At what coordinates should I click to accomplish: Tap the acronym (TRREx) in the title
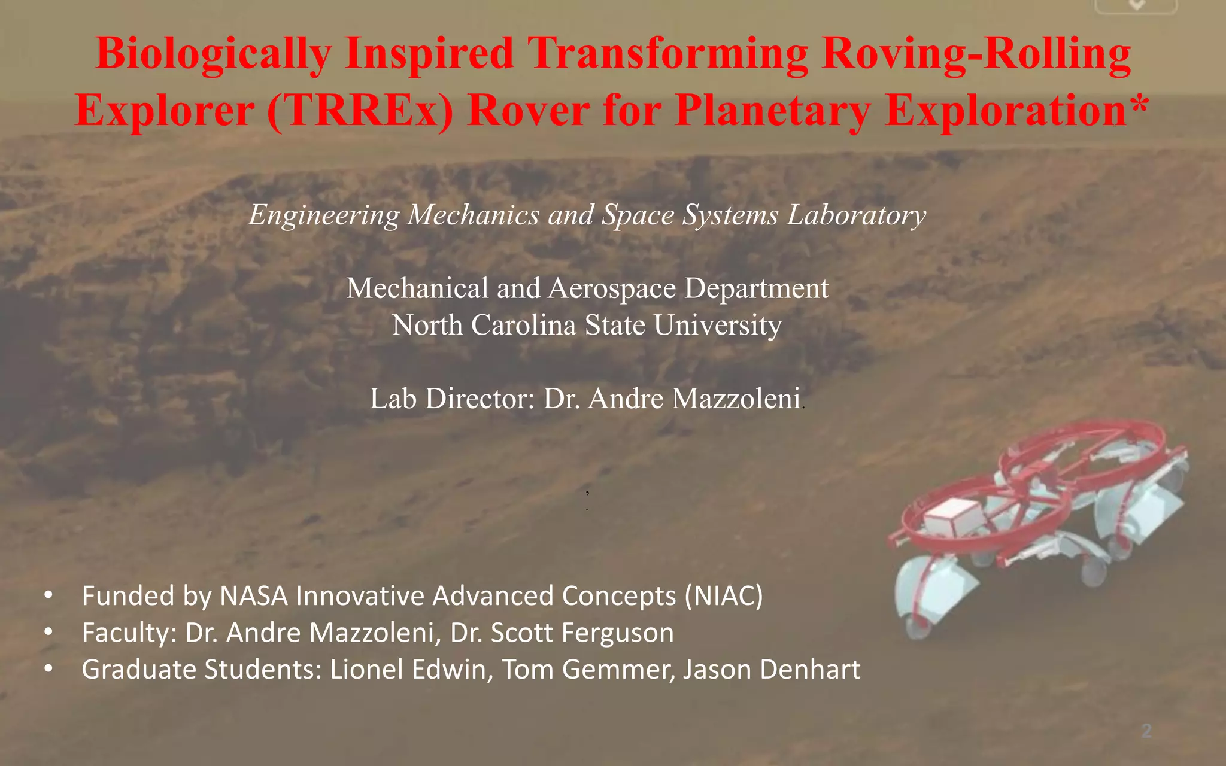(x=360, y=111)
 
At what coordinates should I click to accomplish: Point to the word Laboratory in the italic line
(x=857, y=215)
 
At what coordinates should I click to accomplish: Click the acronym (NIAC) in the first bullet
(x=724, y=596)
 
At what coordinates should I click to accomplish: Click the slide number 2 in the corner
(x=1146, y=731)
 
